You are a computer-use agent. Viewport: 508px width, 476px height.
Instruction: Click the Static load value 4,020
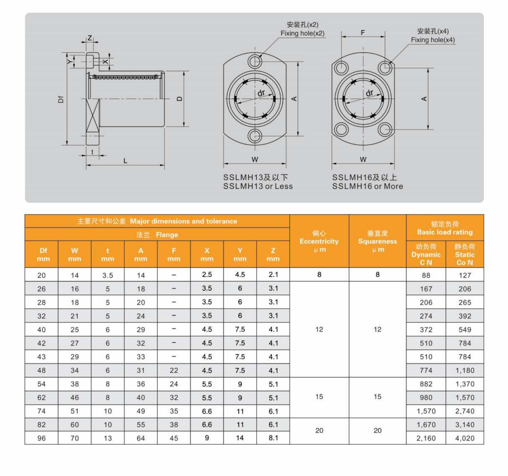click(x=464, y=438)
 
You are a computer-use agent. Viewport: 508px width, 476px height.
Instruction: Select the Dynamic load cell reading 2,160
click(x=426, y=438)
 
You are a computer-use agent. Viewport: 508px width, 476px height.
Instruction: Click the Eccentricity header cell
click(x=319, y=241)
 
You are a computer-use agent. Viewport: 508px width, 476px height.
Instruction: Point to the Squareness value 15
click(x=377, y=397)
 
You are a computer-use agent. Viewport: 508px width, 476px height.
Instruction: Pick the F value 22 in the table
click(x=174, y=370)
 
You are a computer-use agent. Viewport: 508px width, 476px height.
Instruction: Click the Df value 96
click(x=41, y=438)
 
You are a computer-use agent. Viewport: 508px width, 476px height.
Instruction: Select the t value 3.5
click(x=108, y=275)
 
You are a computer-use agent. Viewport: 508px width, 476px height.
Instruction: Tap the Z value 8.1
click(x=273, y=438)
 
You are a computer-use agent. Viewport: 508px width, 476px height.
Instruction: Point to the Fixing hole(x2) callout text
click(x=302, y=33)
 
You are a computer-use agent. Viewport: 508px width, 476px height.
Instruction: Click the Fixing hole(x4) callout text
click(x=433, y=40)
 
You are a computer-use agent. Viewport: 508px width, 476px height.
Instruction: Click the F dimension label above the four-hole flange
click(x=363, y=32)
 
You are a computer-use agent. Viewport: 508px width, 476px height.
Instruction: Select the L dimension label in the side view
click(x=125, y=161)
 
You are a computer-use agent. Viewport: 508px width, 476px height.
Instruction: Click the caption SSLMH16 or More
click(x=367, y=186)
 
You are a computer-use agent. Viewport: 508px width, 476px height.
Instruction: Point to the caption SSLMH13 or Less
click(x=258, y=186)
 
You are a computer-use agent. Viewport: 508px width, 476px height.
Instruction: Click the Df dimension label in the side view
click(x=61, y=99)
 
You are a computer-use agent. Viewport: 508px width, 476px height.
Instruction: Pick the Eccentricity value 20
click(x=319, y=430)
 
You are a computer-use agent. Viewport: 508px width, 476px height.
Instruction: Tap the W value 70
click(x=74, y=438)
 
